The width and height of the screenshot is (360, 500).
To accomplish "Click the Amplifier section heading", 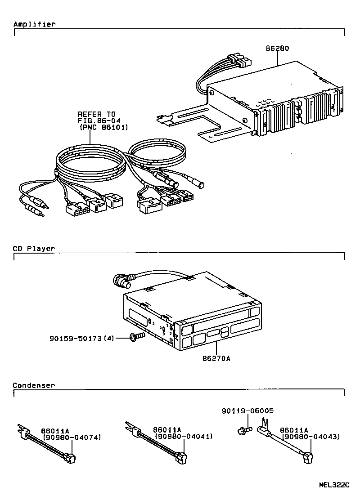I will (34, 24).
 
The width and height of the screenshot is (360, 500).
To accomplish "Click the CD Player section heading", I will (34, 248).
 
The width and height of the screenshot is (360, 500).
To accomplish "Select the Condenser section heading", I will (34, 385).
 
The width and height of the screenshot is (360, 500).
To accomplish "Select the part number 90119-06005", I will (247, 411).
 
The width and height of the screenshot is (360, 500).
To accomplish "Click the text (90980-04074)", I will (72, 437).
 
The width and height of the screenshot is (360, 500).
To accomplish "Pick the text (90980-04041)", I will (184, 437).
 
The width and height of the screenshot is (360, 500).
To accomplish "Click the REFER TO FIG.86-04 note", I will (97, 117).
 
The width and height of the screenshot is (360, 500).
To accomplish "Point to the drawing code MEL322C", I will (334, 485).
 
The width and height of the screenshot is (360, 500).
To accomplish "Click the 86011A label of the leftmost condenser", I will (54, 430).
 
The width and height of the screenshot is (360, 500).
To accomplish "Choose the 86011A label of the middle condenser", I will (166, 430).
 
